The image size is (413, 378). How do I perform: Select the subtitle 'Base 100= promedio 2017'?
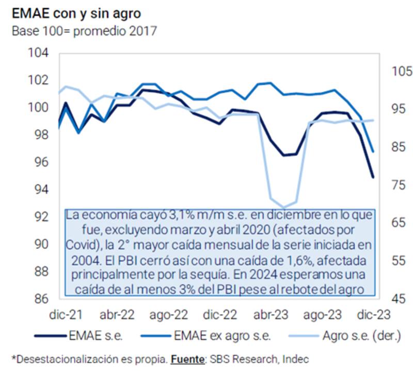point(84,31)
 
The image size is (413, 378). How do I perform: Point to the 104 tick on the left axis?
point(38,53)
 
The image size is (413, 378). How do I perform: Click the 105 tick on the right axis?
point(399,71)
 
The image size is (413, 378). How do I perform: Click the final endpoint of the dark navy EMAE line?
point(373,177)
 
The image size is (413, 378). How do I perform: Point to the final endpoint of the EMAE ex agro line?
point(373,152)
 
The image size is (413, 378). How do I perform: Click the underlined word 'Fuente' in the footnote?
point(187,359)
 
